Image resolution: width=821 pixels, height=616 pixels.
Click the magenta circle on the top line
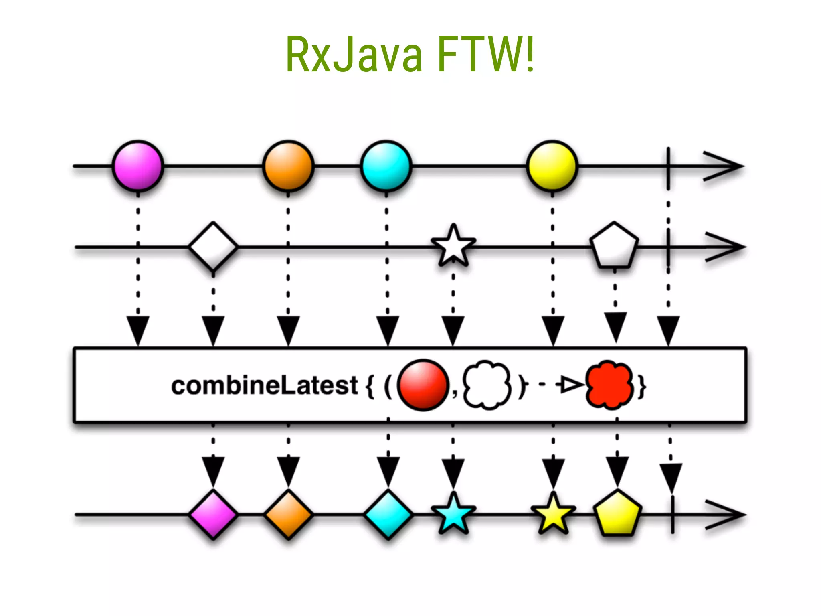click(x=138, y=166)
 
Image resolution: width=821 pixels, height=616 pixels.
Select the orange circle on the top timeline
click(x=288, y=166)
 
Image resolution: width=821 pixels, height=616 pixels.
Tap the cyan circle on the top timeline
click(x=386, y=166)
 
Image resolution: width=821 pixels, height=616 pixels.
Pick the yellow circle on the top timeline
click(x=552, y=166)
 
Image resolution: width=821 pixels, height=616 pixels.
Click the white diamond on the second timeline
click(x=213, y=247)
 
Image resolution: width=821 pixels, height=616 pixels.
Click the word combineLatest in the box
click(x=264, y=385)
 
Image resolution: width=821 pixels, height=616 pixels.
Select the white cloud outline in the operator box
click(x=487, y=385)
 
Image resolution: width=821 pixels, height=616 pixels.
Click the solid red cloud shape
click(x=609, y=385)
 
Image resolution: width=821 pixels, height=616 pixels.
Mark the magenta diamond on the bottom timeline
click(x=213, y=515)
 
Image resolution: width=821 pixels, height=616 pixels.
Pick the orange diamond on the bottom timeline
click(x=288, y=515)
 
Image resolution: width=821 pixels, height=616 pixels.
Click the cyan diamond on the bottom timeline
click(x=388, y=515)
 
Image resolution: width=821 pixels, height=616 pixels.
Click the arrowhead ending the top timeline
click(x=724, y=166)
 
